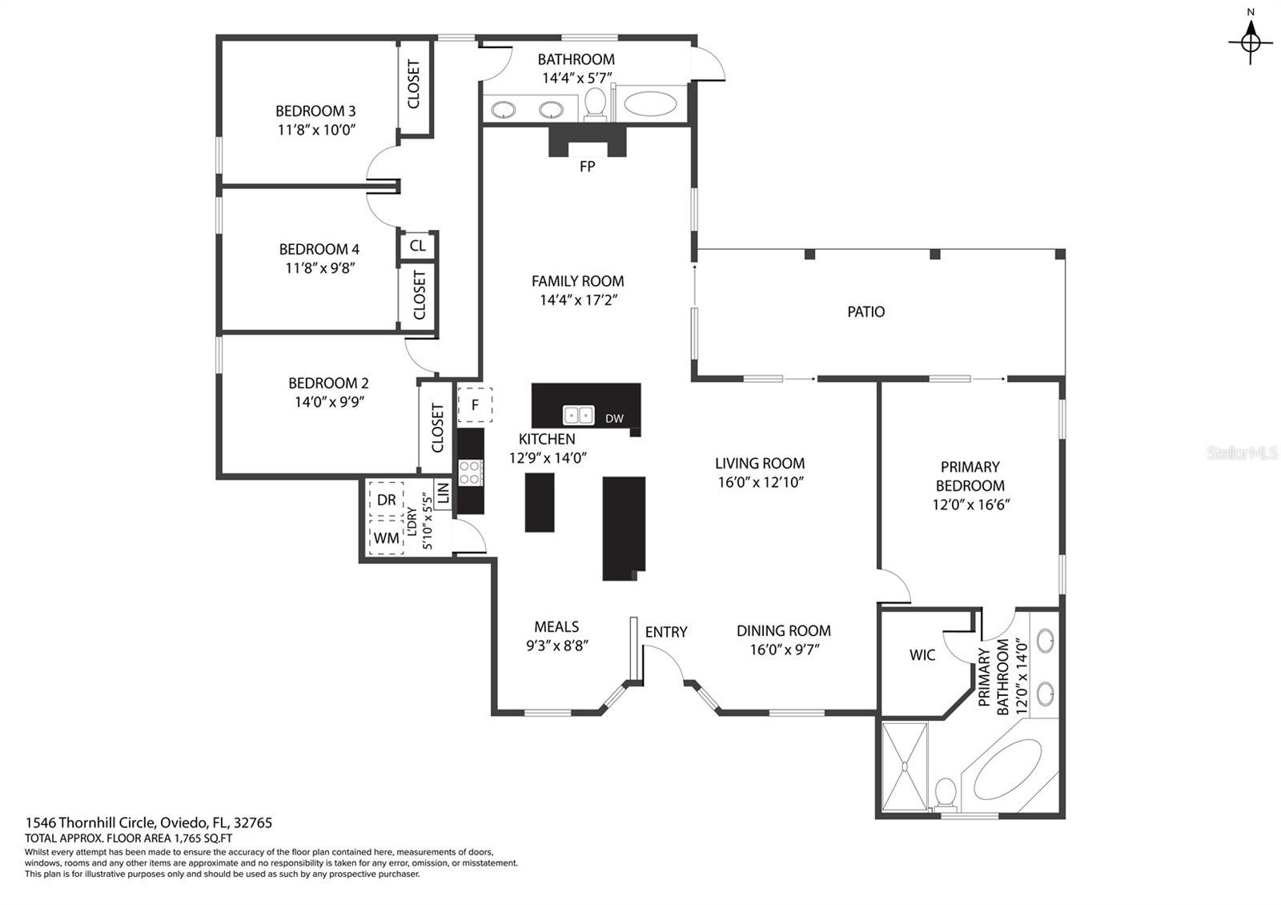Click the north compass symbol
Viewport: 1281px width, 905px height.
click(x=1251, y=40)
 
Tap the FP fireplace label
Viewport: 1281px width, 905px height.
click(x=587, y=167)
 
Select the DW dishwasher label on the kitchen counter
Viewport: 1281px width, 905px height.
click(x=614, y=418)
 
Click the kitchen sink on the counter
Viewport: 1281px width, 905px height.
click(x=578, y=415)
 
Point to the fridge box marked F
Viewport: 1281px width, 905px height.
click(x=475, y=405)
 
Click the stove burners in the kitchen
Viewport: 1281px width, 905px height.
click(x=471, y=473)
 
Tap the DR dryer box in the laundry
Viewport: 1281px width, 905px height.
click(x=387, y=500)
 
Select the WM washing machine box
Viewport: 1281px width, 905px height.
click(x=387, y=538)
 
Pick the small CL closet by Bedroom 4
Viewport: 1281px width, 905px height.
click(x=417, y=246)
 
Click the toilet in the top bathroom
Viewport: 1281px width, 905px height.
click(x=595, y=103)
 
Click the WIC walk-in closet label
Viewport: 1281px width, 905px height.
click(x=922, y=655)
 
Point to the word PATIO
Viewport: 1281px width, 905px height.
click(x=865, y=312)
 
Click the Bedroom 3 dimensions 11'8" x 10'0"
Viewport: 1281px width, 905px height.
click(x=316, y=130)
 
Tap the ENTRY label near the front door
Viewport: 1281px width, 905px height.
click(x=666, y=632)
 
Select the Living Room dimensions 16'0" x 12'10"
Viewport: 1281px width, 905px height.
click(x=760, y=482)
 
